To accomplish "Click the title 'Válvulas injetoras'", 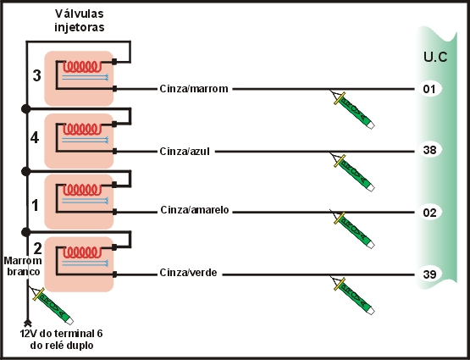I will pos(80,19).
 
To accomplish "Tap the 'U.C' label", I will pos(435,58).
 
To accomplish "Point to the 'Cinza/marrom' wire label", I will pos(194,89).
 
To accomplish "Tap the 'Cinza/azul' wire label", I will pos(185,152).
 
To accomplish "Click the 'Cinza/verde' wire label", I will pos(187,274).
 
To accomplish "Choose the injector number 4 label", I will pos(35,136).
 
